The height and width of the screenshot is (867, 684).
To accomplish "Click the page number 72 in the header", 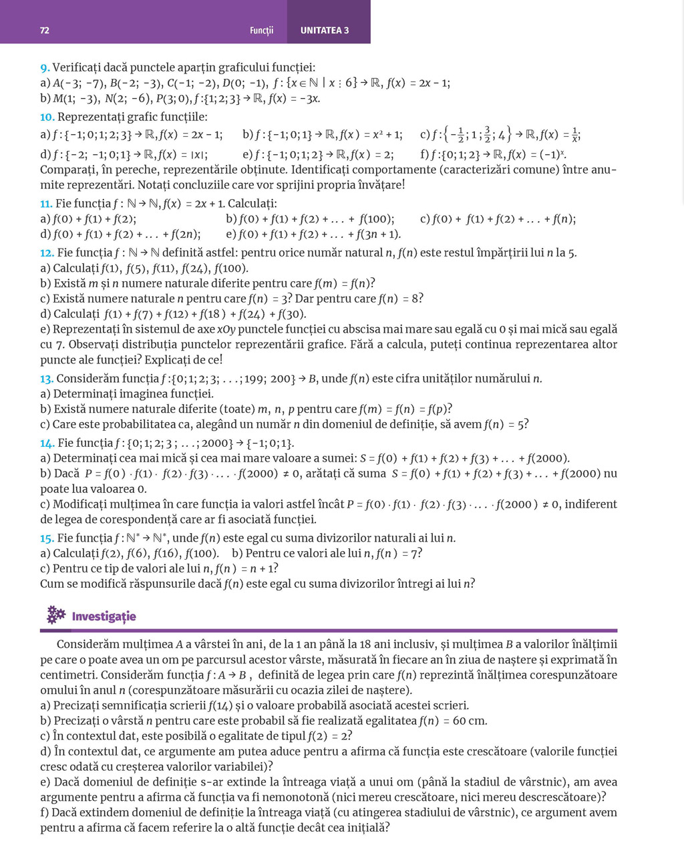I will [45, 30].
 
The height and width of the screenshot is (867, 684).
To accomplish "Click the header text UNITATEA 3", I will [325, 30].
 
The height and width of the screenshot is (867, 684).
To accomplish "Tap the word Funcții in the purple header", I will [261, 30].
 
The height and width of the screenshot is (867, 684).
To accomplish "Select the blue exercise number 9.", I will [45, 67].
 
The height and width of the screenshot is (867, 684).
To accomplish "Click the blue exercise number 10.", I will [47, 118].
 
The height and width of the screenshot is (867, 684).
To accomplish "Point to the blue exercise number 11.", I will [46, 204].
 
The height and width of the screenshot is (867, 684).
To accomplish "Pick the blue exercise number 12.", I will [47, 253].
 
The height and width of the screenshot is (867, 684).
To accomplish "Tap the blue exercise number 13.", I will [47, 379].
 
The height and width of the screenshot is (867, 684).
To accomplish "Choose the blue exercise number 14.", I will [47, 444].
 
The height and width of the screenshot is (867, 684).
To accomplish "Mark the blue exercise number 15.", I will [47, 538].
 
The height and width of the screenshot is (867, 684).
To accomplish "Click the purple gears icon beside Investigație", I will [55, 615].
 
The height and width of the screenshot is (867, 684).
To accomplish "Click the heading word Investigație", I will [104, 616].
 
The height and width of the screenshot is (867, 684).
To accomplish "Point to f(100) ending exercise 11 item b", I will [376, 219].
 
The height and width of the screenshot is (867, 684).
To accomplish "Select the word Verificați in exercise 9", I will [77, 67].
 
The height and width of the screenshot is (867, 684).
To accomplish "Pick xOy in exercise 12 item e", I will [226, 329].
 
